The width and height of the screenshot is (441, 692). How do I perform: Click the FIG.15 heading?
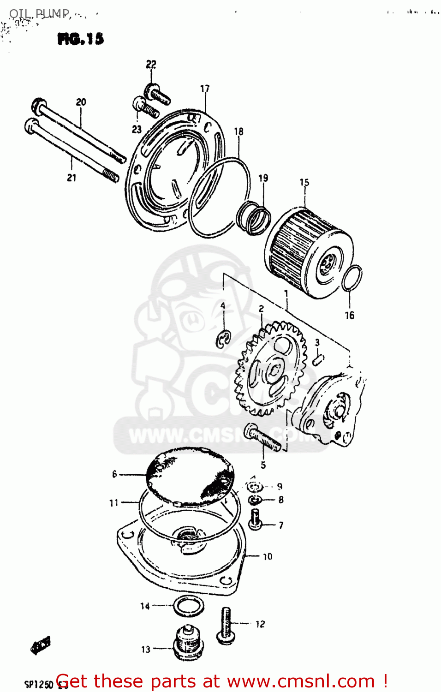point(81,39)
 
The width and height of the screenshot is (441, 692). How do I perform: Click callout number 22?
point(151,65)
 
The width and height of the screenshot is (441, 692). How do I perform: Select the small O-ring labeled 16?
point(352,278)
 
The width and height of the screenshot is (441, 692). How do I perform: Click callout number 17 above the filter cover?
point(205,89)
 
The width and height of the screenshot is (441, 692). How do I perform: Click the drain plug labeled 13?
point(187,642)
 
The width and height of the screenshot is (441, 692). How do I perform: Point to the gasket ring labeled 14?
point(188,605)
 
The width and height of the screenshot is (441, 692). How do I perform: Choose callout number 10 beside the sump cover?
point(268,557)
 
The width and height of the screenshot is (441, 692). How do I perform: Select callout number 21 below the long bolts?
point(72,178)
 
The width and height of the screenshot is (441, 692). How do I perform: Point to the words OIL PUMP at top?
point(39,13)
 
